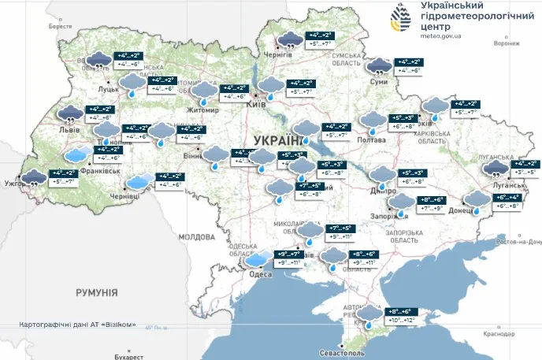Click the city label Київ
pos(254,104)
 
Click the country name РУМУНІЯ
pos(96,292)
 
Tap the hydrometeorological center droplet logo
pos(400,18)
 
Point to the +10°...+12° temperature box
pos(403,321)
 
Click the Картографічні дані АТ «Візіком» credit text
pos(82,325)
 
